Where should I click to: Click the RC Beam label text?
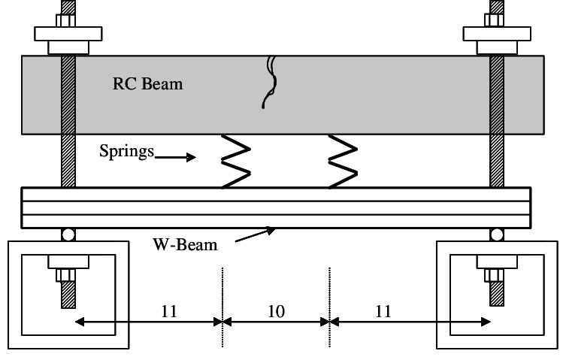(147, 84)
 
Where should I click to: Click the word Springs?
(126, 151)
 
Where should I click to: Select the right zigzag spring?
(342, 162)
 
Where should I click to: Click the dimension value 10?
(276, 310)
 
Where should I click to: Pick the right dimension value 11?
(383, 310)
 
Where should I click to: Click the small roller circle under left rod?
(68, 235)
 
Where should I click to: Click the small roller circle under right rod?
(497, 235)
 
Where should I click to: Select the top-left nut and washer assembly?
(68, 38)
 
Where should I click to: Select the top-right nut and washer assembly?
(497, 38)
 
